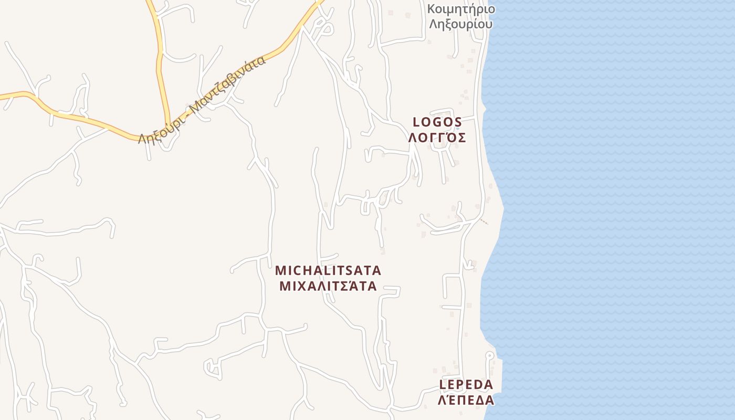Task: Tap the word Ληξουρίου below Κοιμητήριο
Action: (460, 24)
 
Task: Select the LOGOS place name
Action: (437, 122)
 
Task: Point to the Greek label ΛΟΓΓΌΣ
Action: (437, 138)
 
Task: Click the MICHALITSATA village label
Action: (328, 271)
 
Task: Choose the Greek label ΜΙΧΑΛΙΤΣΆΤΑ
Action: (328, 286)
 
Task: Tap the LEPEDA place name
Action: (466, 385)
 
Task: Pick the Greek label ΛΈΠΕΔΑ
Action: (466, 400)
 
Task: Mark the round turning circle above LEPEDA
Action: (489, 355)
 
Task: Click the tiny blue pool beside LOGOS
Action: (457, 128)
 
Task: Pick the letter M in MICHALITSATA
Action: (280, 271)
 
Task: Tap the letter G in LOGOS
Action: (438, 122)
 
